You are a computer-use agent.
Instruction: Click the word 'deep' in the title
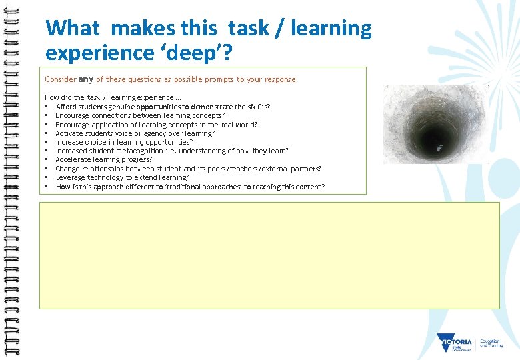click(187, 51)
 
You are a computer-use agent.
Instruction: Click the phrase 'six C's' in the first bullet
click(257, 107)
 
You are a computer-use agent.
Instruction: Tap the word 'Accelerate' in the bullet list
click(74, 159)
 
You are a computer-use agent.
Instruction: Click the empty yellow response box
click(269, 255)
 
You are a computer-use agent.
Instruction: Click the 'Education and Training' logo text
click(490, 343)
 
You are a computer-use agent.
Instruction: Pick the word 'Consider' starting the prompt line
click(61, 79)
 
